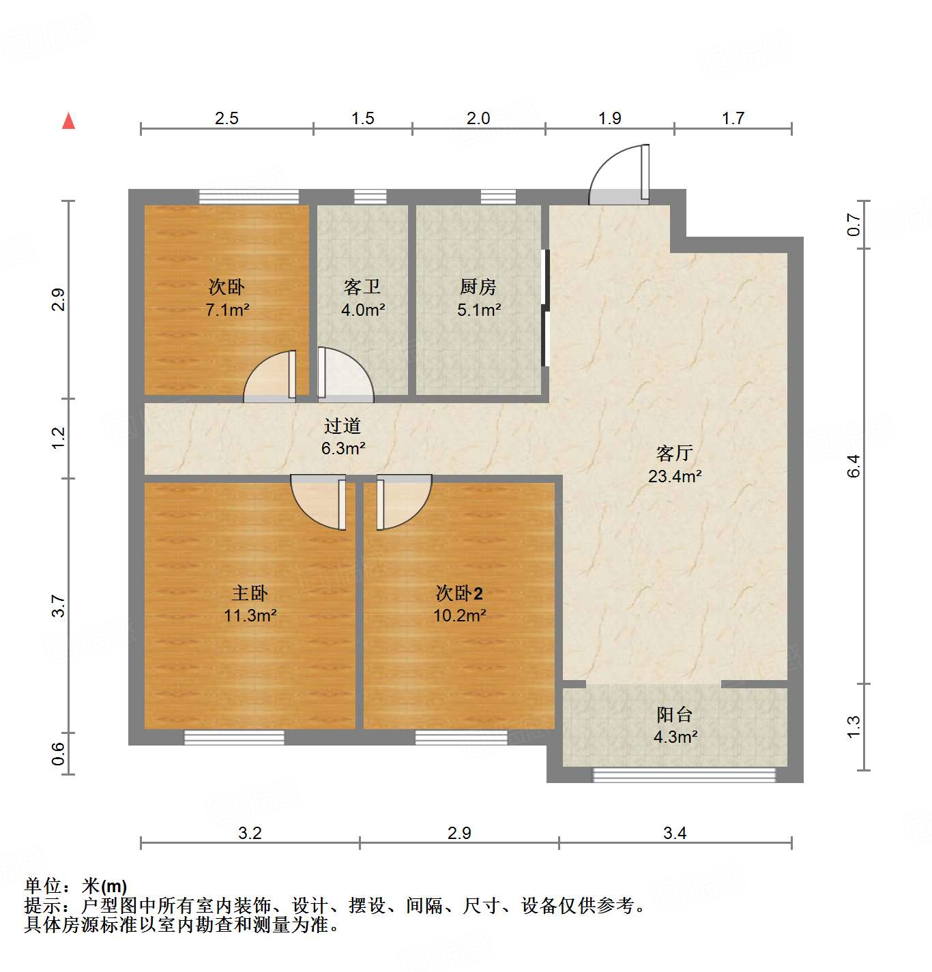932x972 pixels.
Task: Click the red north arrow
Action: coord(68,121)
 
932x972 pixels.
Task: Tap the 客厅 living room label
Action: coord(674,453)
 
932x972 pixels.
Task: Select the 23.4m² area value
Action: coord(674,476)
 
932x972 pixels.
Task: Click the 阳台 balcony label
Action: coord(674,714)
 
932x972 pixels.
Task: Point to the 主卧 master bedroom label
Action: coord(250,593)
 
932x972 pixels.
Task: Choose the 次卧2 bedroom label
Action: coord(459,593)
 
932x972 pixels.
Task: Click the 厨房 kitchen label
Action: coord(478,286)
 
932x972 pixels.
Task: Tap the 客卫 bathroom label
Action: coord(362,286)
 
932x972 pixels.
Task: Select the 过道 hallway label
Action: coord(343,426)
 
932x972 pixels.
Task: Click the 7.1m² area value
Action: coord(227,310)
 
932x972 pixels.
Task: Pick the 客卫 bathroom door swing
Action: coord(343,373)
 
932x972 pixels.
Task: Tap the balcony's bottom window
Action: coord(684,775)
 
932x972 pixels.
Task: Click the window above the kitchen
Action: coord(497,196)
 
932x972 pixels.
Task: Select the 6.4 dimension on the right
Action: coord(854,465)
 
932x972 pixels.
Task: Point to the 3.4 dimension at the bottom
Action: coord(674,833)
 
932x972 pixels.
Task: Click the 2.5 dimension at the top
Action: coord(227,118)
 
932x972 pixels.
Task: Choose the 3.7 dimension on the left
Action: coord(59,606)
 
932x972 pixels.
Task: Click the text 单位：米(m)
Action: coord(76,886)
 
